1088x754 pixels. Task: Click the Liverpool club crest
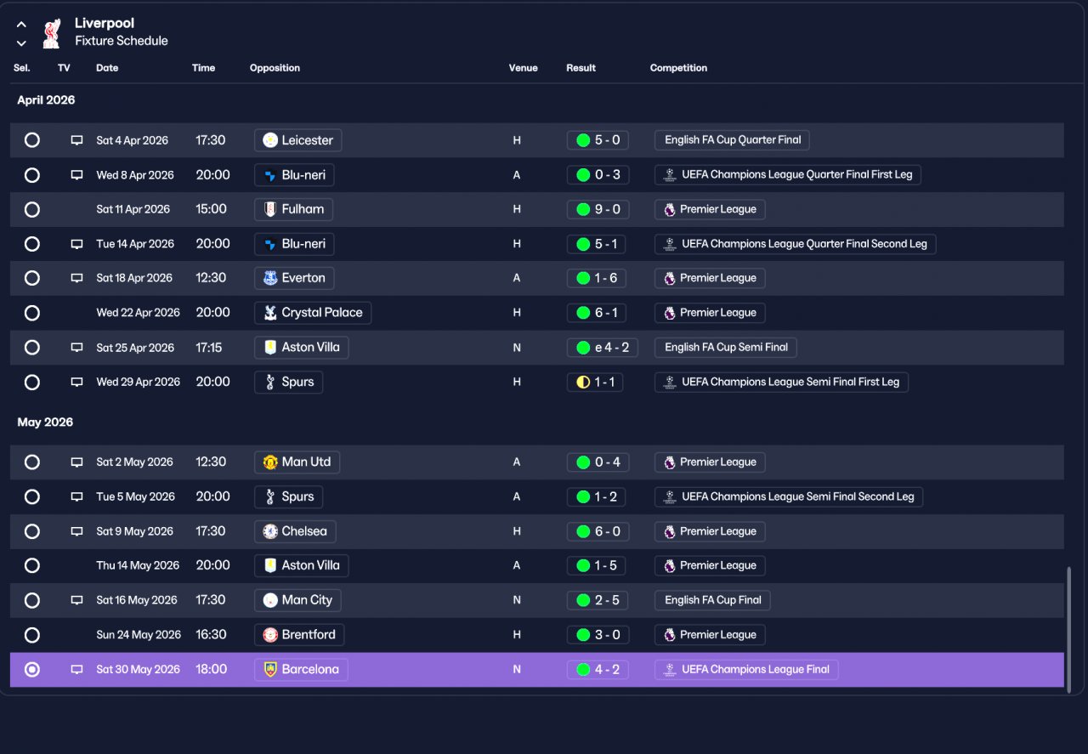click(52, 33)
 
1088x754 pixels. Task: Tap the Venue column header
click(523, 68)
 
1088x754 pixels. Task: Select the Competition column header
click(678, 68)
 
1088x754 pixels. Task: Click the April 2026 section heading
click(46, 100)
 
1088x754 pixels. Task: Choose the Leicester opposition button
click(297, 140)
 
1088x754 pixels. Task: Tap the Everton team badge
click(270, 278)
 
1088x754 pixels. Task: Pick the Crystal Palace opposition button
click(313, 313)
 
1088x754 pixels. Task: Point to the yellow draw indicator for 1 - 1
click(583, 383)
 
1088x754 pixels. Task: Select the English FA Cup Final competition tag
click(712, 600)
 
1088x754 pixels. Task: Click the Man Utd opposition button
click(297, 462)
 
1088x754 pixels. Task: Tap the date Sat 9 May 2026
click(134, 531)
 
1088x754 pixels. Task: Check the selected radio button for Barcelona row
click(32, 670)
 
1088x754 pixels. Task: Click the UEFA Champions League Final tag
click(746, 670)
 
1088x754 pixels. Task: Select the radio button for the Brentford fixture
click(32, 635)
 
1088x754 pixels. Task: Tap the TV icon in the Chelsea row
click(76, 531)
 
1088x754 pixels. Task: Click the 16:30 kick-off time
click(211, 634)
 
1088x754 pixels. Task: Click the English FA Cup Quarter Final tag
click(732, 140)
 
